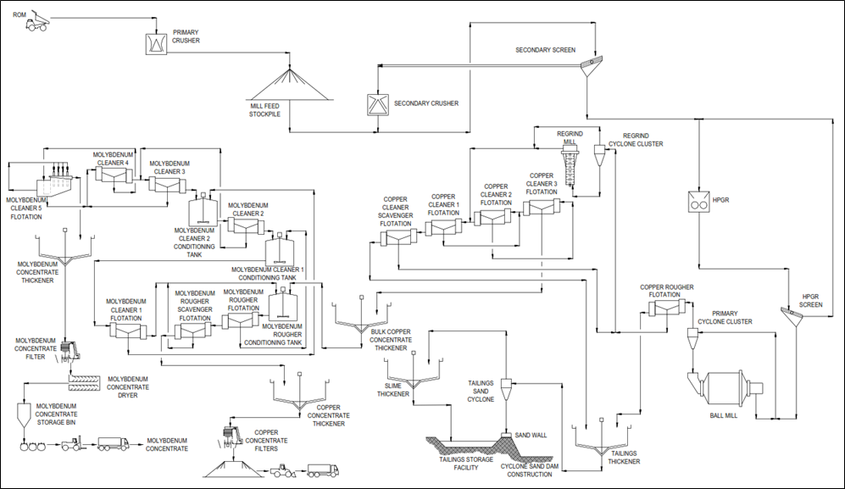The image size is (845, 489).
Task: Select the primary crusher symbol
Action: [157, 43]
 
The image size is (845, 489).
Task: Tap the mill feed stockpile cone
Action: [291, 84]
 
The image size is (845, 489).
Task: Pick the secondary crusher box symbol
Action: [377, 104]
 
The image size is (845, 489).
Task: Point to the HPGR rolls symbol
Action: [699, 201]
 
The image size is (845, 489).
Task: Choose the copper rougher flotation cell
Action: [667, 308]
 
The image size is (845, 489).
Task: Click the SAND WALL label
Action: [531, 435]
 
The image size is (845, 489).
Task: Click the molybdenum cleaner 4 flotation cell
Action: [114, 175]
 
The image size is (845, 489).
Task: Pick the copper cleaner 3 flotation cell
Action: [542, 207]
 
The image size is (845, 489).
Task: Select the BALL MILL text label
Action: [723, 415]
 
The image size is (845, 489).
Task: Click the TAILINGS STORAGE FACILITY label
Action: [465, 464]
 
